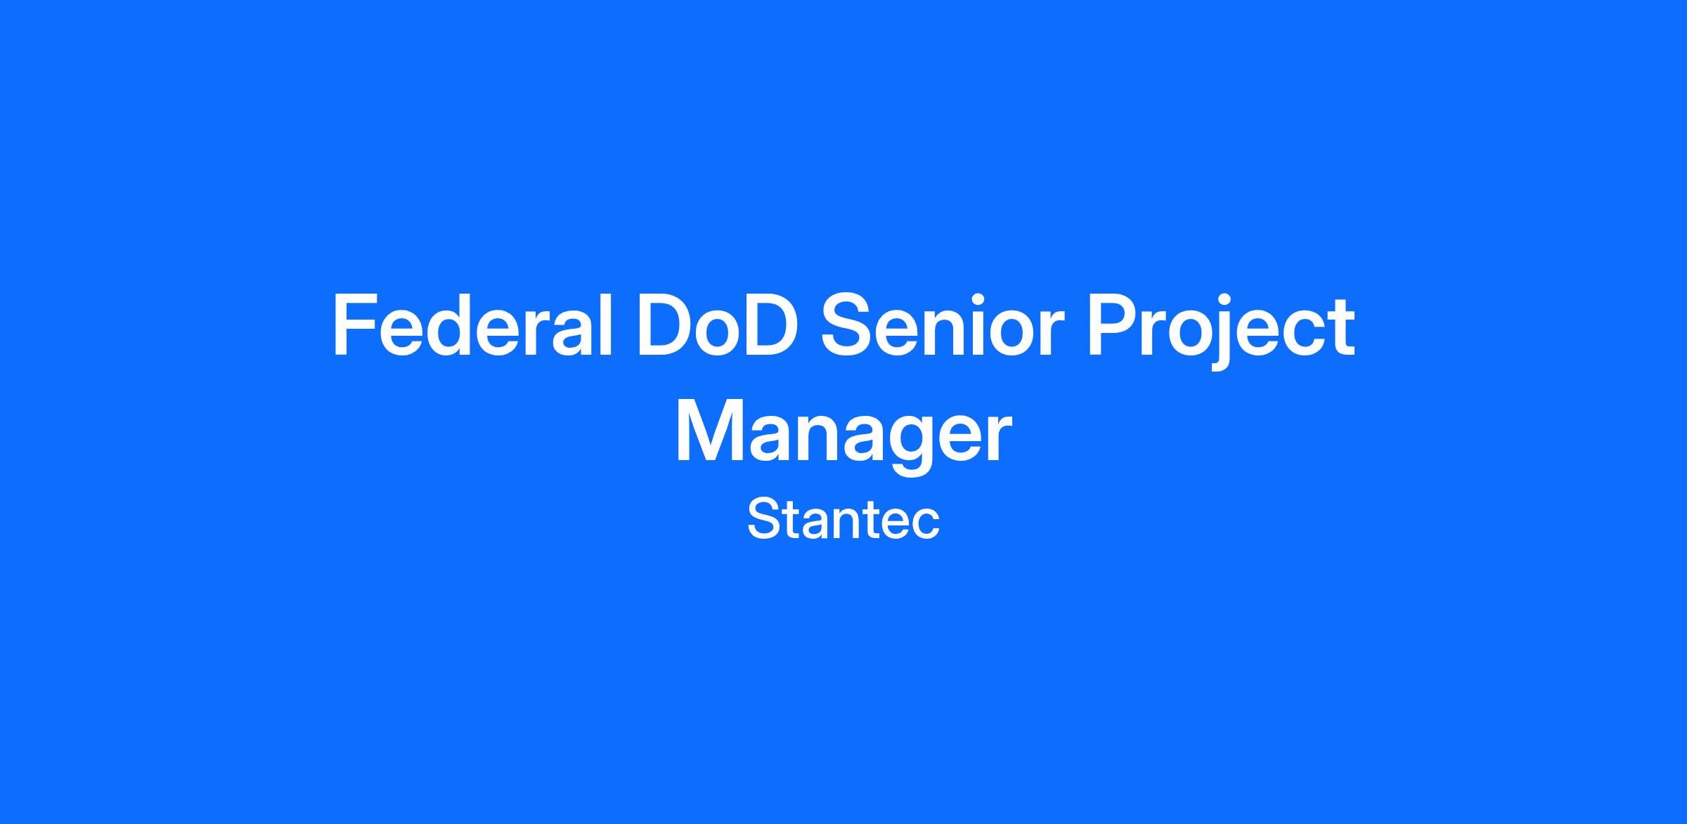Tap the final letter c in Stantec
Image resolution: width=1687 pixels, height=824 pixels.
[925, 525]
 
